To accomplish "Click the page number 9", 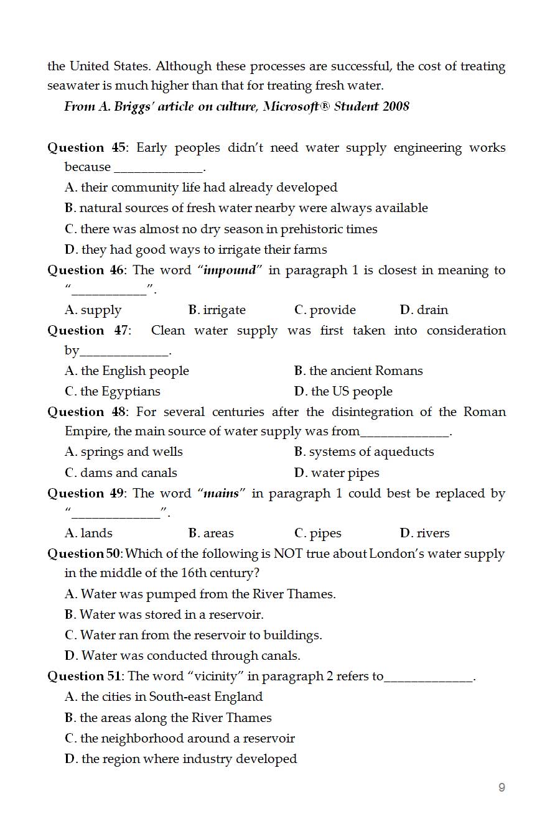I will click(501, 788).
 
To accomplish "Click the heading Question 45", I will click(86, 148).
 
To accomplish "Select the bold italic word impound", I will click(230, 271).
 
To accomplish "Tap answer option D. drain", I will click(424, 310).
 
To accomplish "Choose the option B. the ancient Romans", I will click(358, 371).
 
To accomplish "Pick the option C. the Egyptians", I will click(113, 392).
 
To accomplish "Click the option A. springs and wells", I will click(124, 452).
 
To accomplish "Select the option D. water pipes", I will click(337, 473).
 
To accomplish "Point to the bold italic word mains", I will click(222, 494).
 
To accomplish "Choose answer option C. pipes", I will click(318, 534).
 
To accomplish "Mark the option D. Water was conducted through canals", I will click(182, 656).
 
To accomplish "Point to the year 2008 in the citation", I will click(396, 106).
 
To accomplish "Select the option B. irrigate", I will click(217, 310).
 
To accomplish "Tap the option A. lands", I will click(89, 534).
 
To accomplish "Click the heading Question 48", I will click(86, 412).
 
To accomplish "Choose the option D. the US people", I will click(343, 392).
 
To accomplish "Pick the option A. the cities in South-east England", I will click(164, 697).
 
